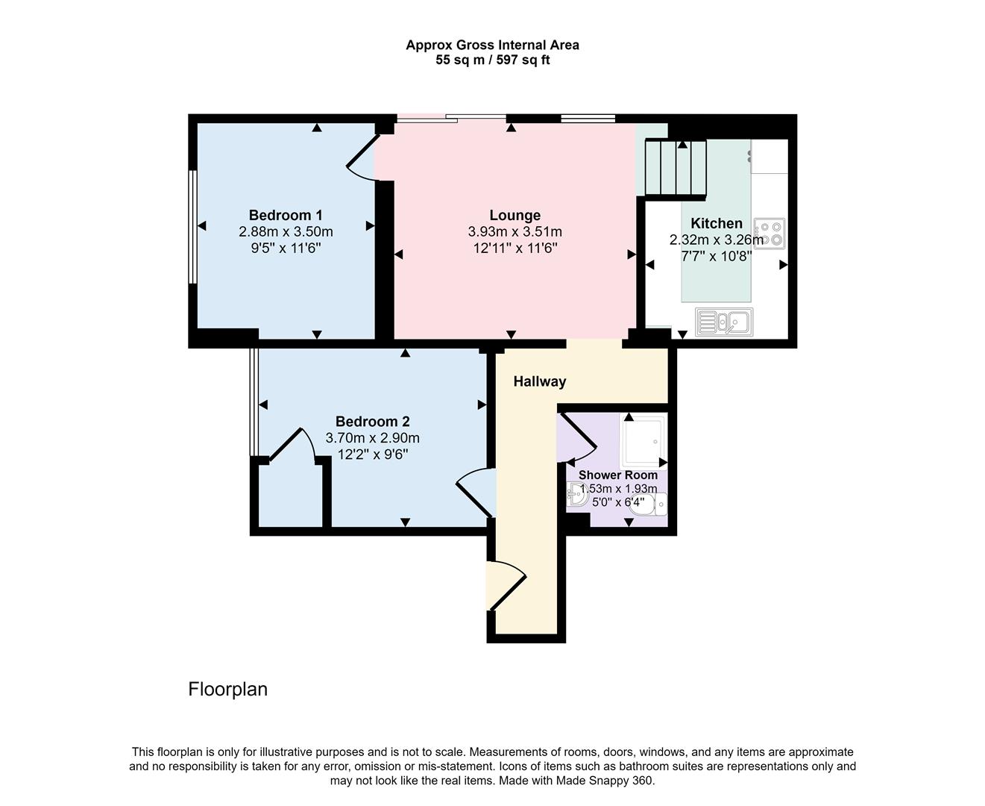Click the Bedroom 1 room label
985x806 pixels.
(286, 215)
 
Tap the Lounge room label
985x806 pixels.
(514, 215)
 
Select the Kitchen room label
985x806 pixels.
(716, 223)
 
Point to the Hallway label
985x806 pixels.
(539, 381)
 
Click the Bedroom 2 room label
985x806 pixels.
(372, 421)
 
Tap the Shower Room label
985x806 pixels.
(618, 475)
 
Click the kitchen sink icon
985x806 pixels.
(723, 322)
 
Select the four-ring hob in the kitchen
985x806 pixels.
(769, 233)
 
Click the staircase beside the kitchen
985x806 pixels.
(675, 168)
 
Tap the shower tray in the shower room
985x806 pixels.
(642, 442)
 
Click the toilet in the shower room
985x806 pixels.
(657, 504)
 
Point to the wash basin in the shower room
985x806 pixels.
(576, 494)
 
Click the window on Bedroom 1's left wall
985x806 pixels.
(192, 227)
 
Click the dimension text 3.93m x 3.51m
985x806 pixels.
(514, 231)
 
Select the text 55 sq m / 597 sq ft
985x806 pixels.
(492, 60)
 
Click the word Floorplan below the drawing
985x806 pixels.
(227, 689)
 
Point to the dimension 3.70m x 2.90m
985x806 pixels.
(372, 438)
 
